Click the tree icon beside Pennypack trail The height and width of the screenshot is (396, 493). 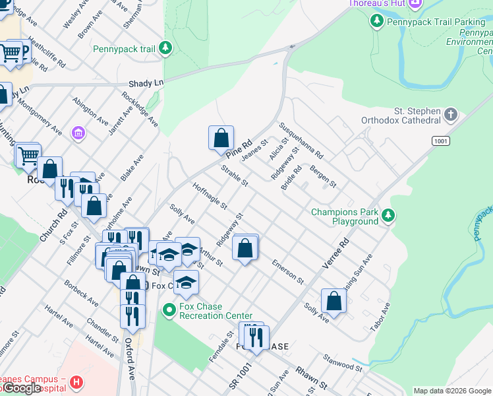point(165,48)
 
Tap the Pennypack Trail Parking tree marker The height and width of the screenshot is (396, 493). point(376,22)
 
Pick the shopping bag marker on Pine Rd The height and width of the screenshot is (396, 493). point(221,139)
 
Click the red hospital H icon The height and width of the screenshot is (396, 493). point(77,382)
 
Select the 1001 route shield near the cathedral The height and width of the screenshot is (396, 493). point(441,141)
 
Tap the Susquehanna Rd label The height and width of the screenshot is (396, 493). point(301,141)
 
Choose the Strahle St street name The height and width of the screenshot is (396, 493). point(234,176)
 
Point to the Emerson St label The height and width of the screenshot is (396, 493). point(287,272)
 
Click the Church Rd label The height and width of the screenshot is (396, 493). point(53,226)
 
